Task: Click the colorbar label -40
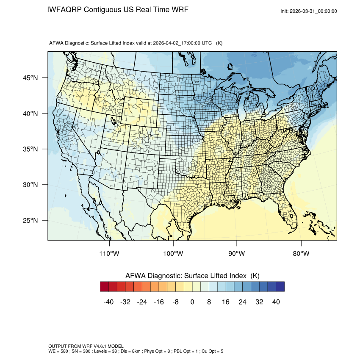coord(108,302)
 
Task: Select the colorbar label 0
coord(192,302)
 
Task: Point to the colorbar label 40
coord(276,302)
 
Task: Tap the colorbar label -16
coord(158,302)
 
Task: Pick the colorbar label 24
coord(243,302)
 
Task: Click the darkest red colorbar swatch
coord(105,287)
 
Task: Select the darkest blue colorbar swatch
coord(280,287)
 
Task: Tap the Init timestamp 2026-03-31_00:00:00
coord(313,11)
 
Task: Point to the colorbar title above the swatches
coord(192,276)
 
